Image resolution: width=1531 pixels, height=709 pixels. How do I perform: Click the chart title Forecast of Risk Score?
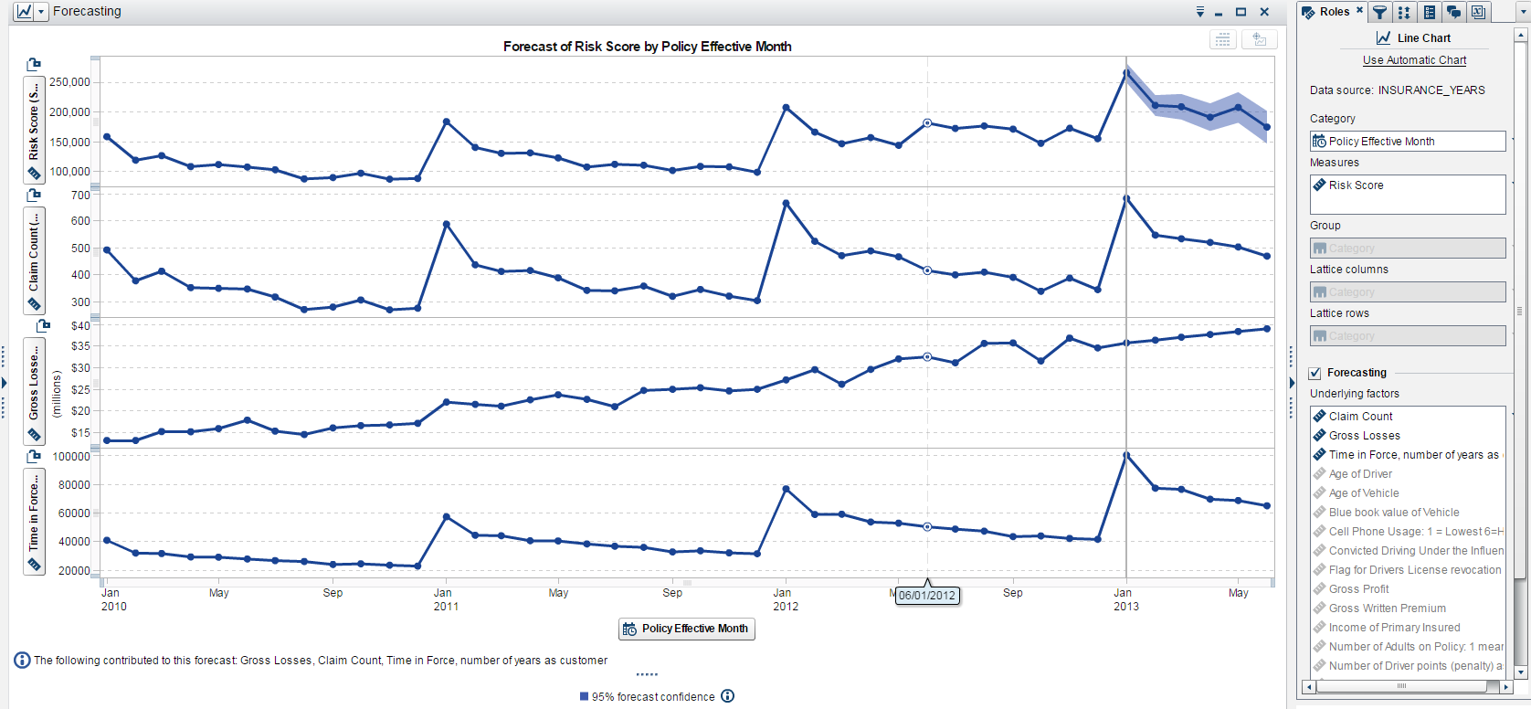coord(647,47)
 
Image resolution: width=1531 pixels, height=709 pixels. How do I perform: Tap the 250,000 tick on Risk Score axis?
coord(69,82)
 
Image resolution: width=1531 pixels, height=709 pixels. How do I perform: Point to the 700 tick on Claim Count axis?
coord(80,196)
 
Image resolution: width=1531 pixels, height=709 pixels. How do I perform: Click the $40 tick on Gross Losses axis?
coord(80,326)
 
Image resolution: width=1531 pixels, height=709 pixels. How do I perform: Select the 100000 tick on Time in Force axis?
coord(71,457)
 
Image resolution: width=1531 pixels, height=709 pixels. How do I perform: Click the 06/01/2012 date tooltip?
coord(927,596)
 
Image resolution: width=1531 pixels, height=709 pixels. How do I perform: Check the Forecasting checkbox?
coord(1315,373)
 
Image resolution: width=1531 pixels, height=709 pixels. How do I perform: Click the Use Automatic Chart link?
coord(1414,60)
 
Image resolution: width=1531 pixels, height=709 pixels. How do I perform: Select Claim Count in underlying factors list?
coord(1360,417)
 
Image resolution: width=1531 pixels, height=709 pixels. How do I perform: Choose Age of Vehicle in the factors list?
coord(1363,493)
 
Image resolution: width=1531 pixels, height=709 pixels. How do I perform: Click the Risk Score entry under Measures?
coord(1356,185)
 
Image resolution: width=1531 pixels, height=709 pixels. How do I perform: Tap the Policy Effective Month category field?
coord(1407,142)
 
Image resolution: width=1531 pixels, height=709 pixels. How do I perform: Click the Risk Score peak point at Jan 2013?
coord(1126,72)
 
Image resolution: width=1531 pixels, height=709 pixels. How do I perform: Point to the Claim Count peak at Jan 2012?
coord(786,203)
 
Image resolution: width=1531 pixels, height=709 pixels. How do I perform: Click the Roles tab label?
coord(1334,12)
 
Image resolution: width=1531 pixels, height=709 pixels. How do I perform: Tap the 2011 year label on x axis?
coord(446,607)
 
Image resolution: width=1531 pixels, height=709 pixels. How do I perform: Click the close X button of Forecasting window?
coord(1264,12)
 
